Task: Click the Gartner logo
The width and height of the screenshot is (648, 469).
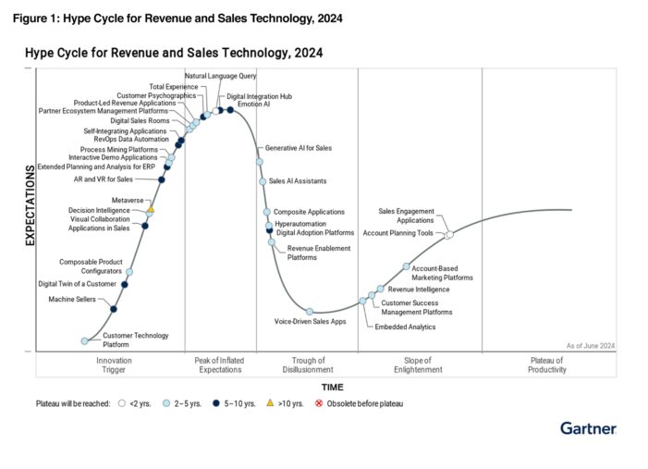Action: (x=588, y=428)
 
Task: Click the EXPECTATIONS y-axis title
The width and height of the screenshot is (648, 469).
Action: (x=30, y=204)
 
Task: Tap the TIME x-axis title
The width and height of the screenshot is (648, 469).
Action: (x=333, y=387)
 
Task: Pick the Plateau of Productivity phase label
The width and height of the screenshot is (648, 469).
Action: (x=546, y=364)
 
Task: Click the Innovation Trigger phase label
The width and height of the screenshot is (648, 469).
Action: (x=115, y=364)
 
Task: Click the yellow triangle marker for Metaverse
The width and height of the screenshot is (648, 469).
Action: (x=150, y=211)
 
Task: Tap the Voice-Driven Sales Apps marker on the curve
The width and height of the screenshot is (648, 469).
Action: (x=310, y=312)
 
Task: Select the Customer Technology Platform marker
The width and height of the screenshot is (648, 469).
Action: (x=84, y=341)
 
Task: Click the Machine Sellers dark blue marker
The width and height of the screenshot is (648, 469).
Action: (x=114, y=309)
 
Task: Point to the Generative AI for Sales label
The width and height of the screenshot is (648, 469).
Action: (x=298, y=148)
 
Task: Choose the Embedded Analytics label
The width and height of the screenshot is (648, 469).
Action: (x=404, y=327)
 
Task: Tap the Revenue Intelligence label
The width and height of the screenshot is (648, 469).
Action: (x=419, y=290)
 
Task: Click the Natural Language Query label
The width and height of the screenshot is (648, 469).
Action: (x=220, y=75)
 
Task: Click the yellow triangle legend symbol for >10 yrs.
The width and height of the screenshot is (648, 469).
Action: (x=269, y=403)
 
